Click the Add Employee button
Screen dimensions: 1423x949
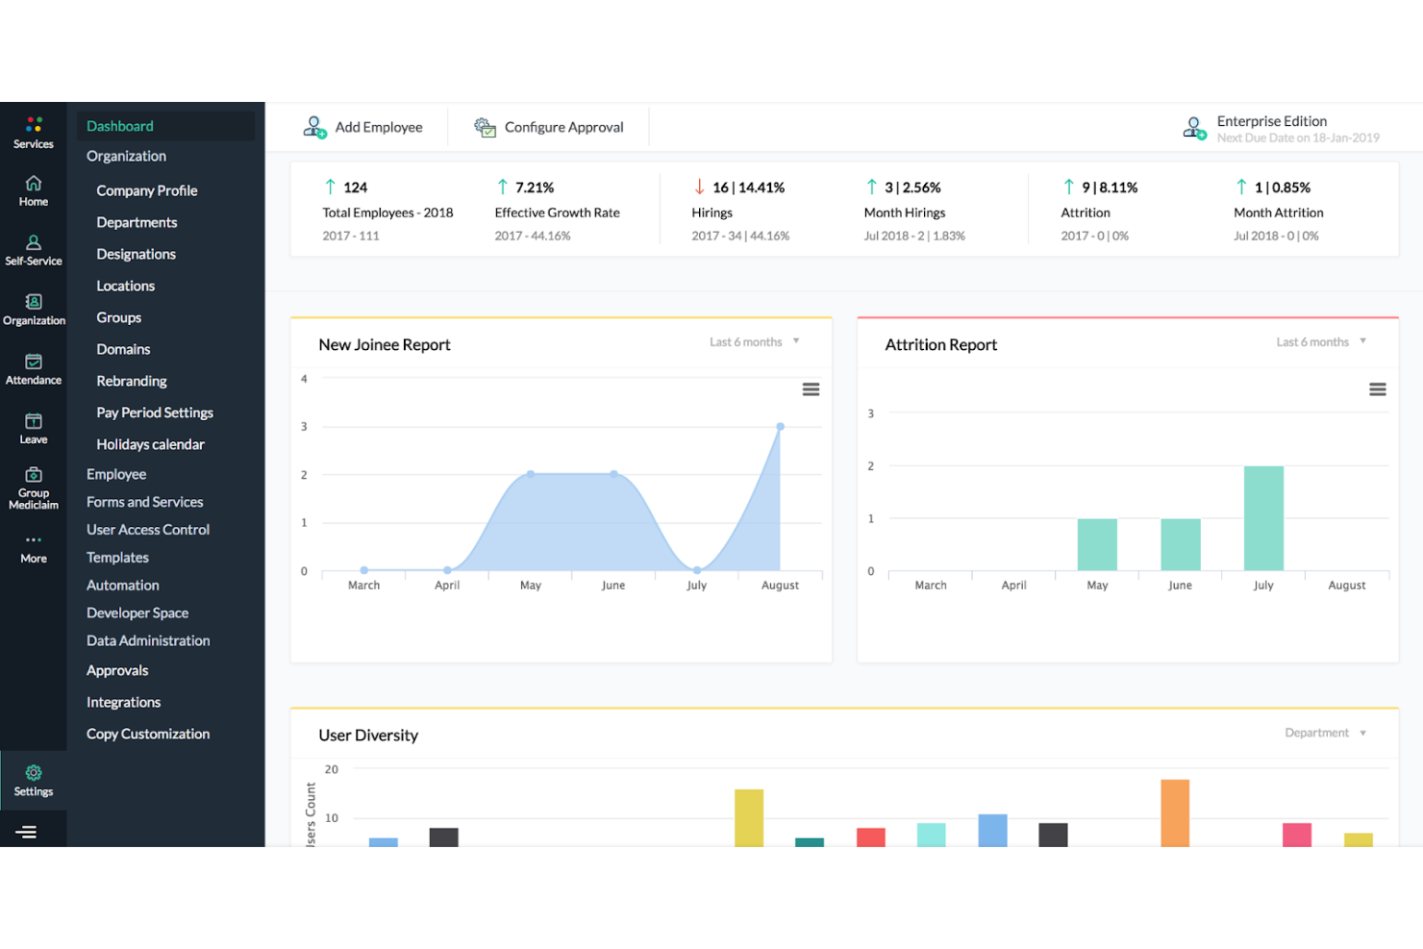pos(362,127)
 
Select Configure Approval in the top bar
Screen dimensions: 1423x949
pos(549,127)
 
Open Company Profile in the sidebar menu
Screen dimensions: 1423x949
pos(147,190)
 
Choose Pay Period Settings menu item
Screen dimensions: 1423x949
pos(155,412)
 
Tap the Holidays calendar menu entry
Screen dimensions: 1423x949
pos(150,444)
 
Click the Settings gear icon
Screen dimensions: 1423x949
pos(34,772)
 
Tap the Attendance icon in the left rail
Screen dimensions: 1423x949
pos(34,362)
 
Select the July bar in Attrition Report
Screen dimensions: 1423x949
pos(1263,518)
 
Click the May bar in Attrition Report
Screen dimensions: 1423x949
pos(1097,544)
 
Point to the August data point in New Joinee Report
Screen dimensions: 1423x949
pos(780,427)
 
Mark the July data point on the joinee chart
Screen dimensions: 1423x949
pos(697,570)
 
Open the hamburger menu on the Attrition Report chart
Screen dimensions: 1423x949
pos(1377,389)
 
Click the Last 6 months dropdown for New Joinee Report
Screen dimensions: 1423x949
pos(755,341)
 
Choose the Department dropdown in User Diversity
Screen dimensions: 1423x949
pos(1325,733)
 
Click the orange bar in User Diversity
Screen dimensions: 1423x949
pos(1175,813)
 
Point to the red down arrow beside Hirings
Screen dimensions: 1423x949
pos(699,187)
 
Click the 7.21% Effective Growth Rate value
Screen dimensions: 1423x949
pos(535,187)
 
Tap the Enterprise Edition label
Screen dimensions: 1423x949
pos(1272,121)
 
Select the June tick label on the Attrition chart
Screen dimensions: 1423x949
pos(1181,585)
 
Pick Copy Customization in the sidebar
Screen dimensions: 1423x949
pos(148,734)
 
